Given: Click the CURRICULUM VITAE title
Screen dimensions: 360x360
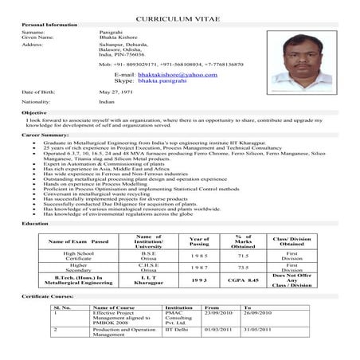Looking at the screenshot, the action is pos(180,15).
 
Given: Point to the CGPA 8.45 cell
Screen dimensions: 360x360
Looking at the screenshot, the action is pos(244,303).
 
